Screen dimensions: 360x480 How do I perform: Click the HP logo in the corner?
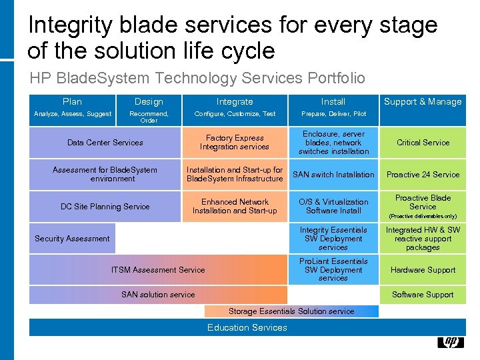pos(450,342)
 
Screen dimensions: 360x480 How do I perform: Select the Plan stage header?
pos(72,101)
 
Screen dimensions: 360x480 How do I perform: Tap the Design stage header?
pos(149,101)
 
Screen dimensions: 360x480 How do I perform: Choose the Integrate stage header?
pos(235,101)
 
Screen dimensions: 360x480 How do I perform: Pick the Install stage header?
pos(333,101)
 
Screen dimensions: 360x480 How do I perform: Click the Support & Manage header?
pos(423,101)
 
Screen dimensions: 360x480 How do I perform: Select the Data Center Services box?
pos(105,143)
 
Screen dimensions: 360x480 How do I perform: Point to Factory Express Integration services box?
pos(235,143)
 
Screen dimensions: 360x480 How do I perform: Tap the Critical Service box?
pos(423,143)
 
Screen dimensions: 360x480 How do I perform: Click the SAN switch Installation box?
pos(333,175)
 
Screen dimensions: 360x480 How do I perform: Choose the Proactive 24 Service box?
pos(423,175)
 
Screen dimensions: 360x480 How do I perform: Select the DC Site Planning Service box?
pos(105,207)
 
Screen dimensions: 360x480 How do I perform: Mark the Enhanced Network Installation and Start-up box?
pos(235,207)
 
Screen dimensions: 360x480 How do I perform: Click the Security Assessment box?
pos(72,239)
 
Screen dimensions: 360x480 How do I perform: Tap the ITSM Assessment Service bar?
pos(159,270)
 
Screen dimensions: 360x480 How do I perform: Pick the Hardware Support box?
pos(423,270)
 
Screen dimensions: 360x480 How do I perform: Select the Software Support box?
pos(423,295)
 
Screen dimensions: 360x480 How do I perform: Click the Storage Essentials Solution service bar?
pos(291,311)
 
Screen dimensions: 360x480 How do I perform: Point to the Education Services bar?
pos(247,327)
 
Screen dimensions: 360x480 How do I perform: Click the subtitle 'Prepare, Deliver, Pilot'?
pos(333,114)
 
